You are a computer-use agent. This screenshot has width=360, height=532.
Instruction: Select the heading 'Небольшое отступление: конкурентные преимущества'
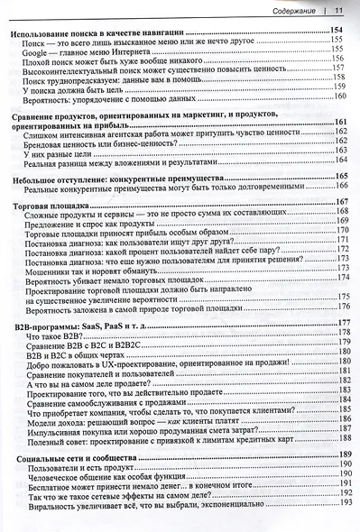[112, 178]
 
